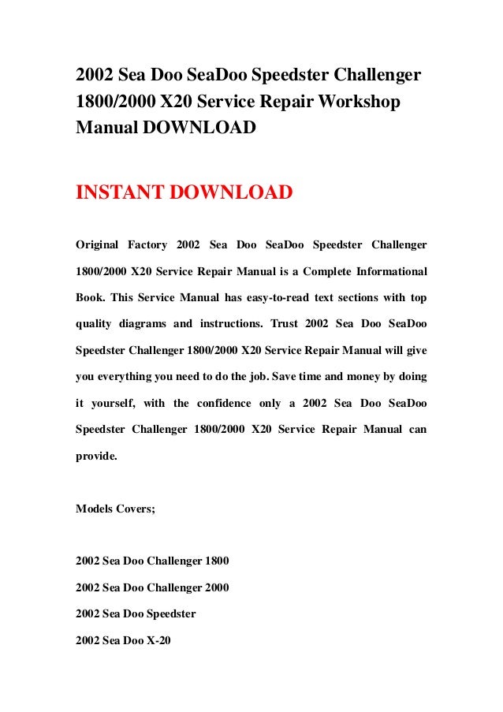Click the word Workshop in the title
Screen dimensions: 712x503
click(x=358, y=103)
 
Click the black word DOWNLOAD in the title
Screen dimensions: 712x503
click(x=199, y=127)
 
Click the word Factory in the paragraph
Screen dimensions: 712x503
click(x=144, y=244)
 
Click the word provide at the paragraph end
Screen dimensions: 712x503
click(x=95, y=457)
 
